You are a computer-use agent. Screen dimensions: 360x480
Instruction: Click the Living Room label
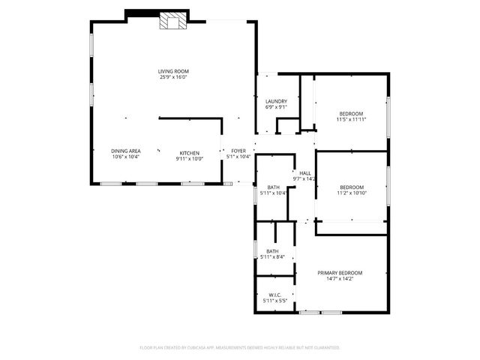pyautogui.click(x=172, y=71)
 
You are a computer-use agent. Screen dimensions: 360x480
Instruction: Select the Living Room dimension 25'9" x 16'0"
pyautogui.click(x=172, y=77)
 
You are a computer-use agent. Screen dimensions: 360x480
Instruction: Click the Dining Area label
pyautogui.click(x=126, y=151)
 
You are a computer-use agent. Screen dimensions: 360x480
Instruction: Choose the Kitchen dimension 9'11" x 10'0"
pyautogui.click(x=189, y=157)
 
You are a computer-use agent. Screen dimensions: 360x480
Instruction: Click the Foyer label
pyautogui.click(x=238, y=151)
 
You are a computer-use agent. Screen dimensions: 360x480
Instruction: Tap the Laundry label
pyautogui.click(x=276, y=101)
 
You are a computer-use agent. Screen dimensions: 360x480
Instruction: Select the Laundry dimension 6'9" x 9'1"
pyautogui.click(x=276, y=107)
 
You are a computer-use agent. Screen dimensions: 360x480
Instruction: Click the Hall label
pyautogui.click(x=305, y=173)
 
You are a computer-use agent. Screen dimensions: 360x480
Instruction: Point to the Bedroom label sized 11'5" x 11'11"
pyautogui.click(x=350, y=113)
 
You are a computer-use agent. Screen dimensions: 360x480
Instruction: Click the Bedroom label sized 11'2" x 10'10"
pyautogui.click(x=351, y=187)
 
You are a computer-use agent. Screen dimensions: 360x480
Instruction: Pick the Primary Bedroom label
pyautogui.click(x=340, y=273)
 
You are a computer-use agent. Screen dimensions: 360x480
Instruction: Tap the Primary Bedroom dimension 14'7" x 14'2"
pyautogui.click(x=340, y=279)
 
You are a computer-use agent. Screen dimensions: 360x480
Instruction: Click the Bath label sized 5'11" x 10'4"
pyautogui.click(x=273, y=187)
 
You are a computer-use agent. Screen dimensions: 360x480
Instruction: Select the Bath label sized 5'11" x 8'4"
pyautogui.click(x=272, y=251)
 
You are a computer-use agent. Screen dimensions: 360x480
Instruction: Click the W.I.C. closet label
pyautogui.click(x=274, y=295)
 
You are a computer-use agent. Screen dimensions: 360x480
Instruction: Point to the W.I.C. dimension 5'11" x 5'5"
pyautogui.click(x=274, y=301)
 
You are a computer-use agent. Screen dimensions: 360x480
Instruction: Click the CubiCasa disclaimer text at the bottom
pyautogui.click(x=240, y=347)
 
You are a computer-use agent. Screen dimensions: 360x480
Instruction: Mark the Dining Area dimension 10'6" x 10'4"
pyautogui.click(x=126, y=157)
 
